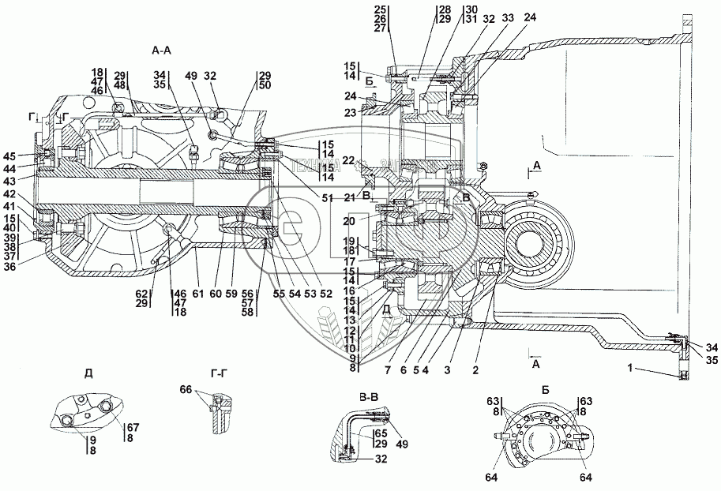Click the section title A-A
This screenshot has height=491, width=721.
coord(163,49)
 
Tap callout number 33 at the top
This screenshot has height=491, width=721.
coord(505,18)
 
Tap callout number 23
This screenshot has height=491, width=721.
coord(351,112)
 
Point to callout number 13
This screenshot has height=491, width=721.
coord(350,320)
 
